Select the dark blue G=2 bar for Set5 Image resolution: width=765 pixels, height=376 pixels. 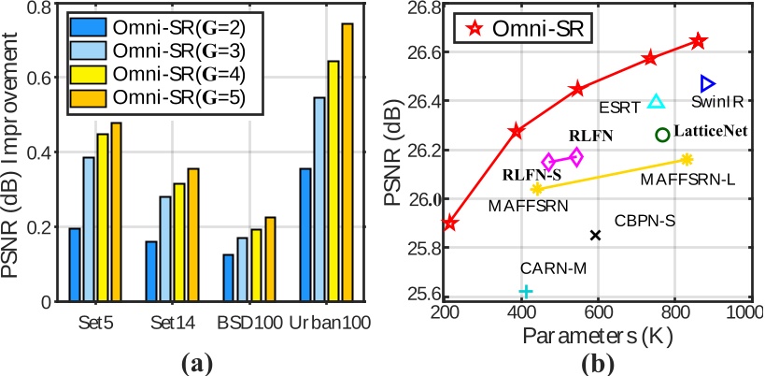pos(75,265)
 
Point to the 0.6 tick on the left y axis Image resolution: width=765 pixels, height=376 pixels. pos(40,78)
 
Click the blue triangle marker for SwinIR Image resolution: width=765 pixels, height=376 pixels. pos(707,84)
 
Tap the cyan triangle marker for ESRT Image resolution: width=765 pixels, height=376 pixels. pos(656,101)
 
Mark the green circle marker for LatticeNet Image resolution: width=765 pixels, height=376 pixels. pos(662,135)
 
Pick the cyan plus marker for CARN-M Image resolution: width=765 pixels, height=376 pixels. pos(526,292)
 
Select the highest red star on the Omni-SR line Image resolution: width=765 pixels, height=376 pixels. pos(698,41)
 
